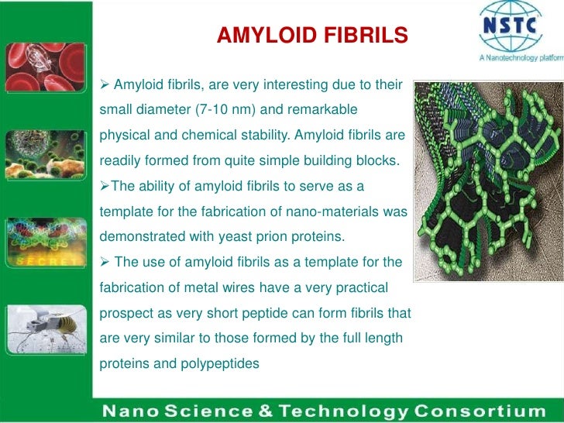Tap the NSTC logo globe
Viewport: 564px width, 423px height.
click(x=510, y=25)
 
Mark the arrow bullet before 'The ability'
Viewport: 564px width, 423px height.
click(x=105, y=186)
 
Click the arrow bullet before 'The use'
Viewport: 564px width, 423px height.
click(x=105, y=263)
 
